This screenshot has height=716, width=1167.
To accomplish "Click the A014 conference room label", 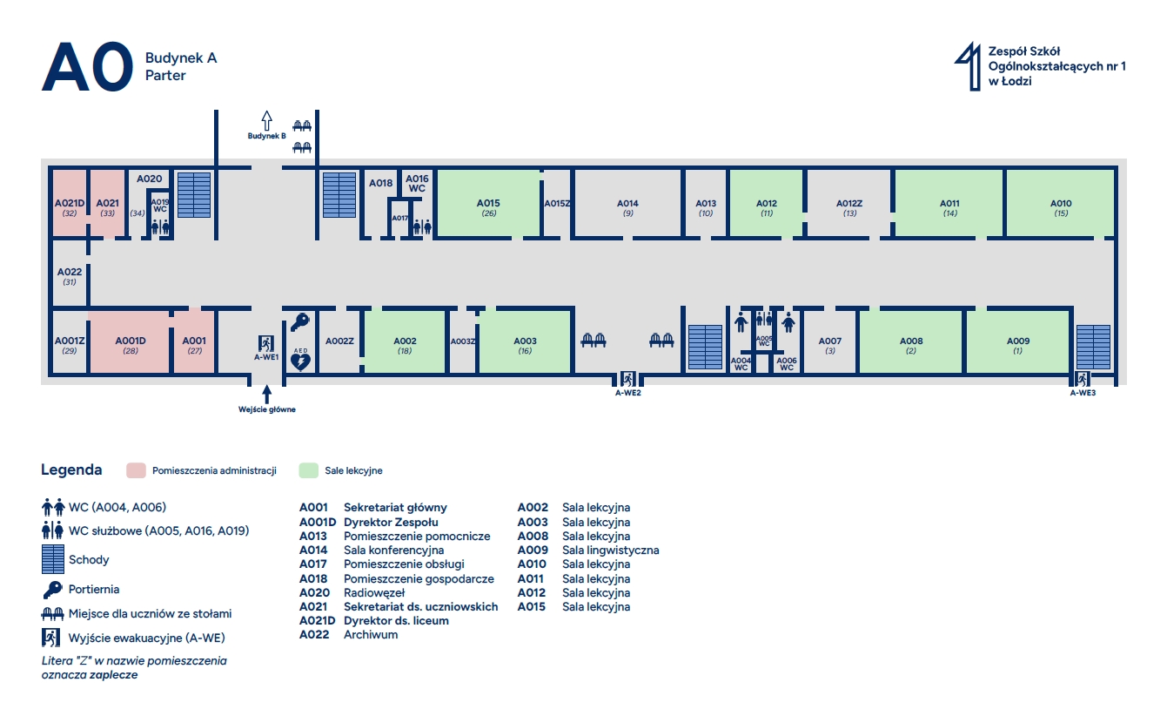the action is pos(627,203).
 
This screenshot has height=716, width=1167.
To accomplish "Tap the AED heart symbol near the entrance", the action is pos(300,361).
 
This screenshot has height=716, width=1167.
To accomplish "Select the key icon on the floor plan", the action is pos(300,322).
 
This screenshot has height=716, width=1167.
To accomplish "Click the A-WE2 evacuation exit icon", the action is pos(627,379).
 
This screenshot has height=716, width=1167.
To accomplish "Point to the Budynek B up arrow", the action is pos(267,120).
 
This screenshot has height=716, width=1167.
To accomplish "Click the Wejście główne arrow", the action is pos(267,395).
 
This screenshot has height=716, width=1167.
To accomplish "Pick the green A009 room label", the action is pos(1018,341).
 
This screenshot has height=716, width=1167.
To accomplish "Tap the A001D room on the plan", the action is pos(131,341).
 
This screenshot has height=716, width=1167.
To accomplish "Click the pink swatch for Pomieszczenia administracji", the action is pos(136,470).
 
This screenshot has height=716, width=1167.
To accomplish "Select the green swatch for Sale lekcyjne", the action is pos(308,470).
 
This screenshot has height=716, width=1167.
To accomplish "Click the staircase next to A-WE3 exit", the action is pos(1093,347).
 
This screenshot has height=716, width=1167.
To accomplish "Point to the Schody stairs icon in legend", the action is pos(53,559).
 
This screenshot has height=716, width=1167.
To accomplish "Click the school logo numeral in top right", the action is pos(969,66).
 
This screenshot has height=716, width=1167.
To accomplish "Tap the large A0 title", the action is pos(88,66).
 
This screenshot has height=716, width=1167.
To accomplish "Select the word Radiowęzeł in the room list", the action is pos(374,593).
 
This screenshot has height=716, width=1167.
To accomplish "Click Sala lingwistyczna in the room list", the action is pos(611,551).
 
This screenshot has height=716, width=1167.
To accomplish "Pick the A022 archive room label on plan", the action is pos(70,273).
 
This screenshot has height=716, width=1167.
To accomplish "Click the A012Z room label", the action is pos(849,203).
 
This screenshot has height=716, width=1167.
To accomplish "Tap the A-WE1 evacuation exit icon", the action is pos(266,344).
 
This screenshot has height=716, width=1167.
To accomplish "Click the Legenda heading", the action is pos(71,469).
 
